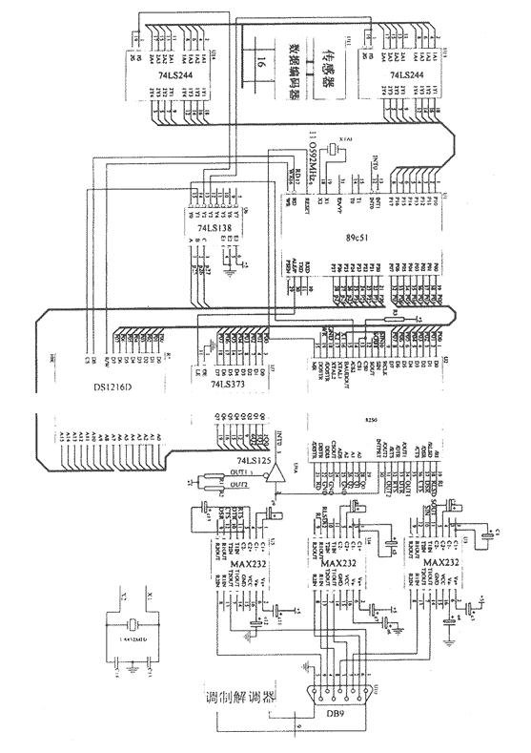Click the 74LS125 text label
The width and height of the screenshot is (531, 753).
[x=255, y=461]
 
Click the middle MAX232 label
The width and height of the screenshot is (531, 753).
[x=340, y=564]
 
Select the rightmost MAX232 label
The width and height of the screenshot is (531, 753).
[x=440, y=564]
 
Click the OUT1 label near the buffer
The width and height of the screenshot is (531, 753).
[x=238, y=473]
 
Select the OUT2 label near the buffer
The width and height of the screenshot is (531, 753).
[x=238, y=485]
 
